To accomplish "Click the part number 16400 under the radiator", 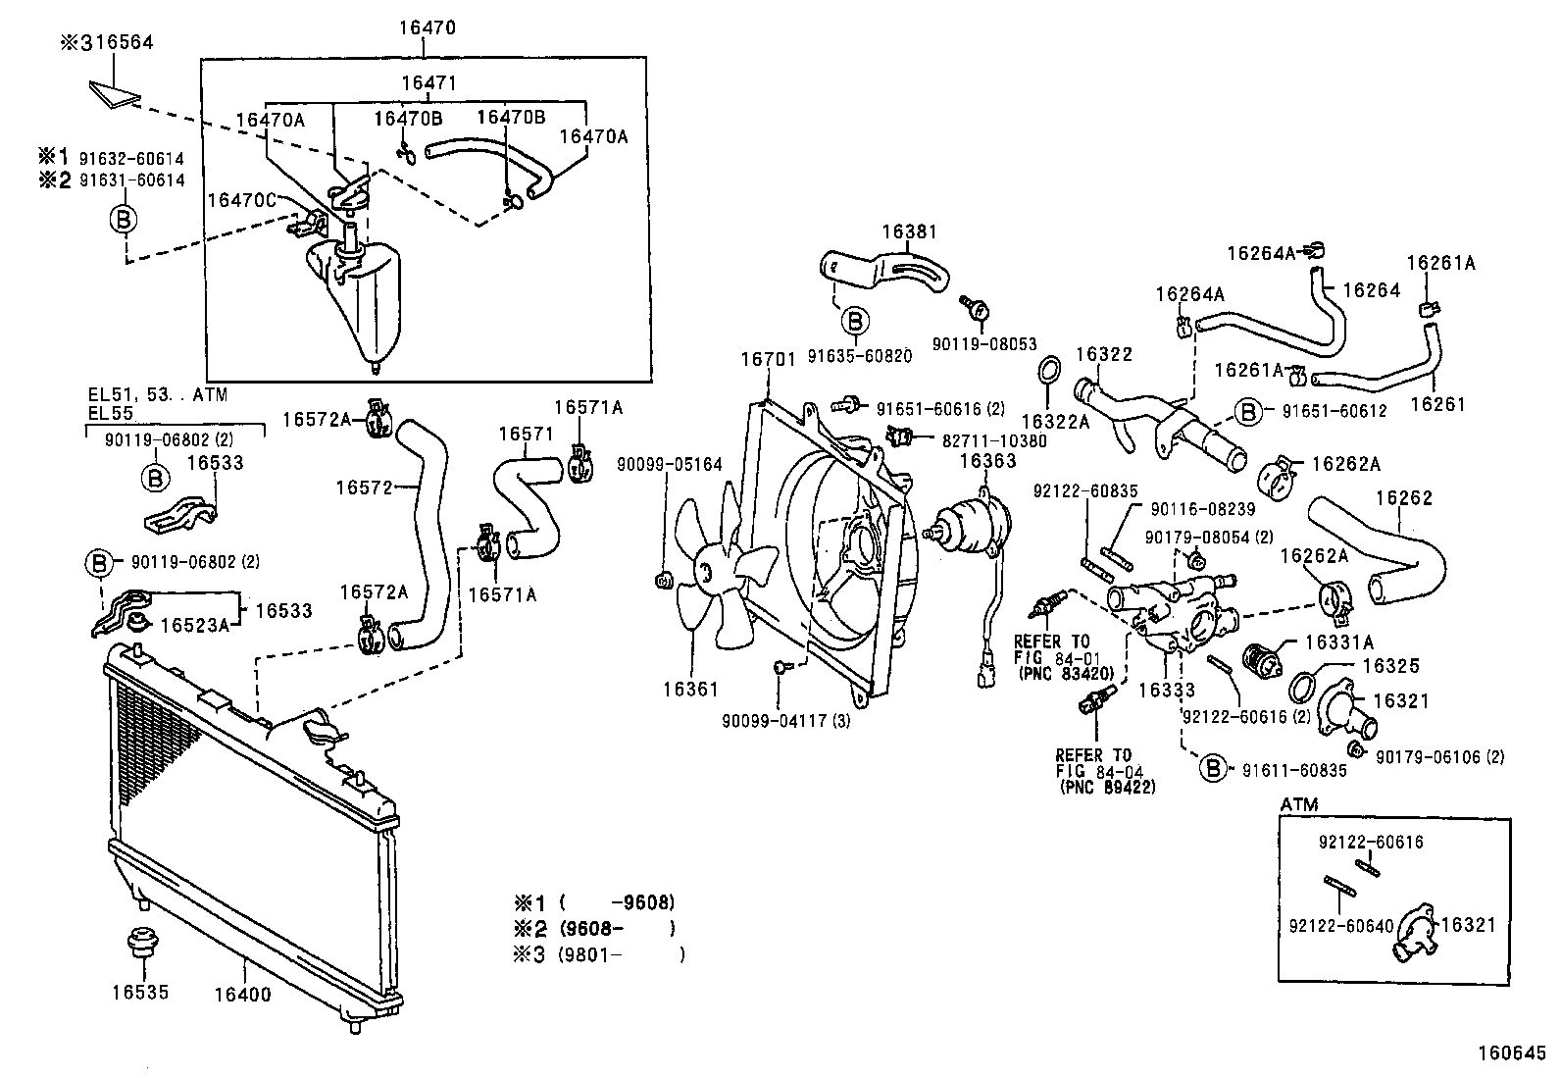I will (x=242, y=994).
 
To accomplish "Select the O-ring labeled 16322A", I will (x=1047, y=371).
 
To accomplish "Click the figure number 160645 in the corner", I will (x=1515, y=1053).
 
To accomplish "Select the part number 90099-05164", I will (x=670, y=463).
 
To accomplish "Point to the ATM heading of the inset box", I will (x=1299, y=804).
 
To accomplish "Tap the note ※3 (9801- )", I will (x=598, y=953).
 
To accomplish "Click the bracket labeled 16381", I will (x=882, y=270).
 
